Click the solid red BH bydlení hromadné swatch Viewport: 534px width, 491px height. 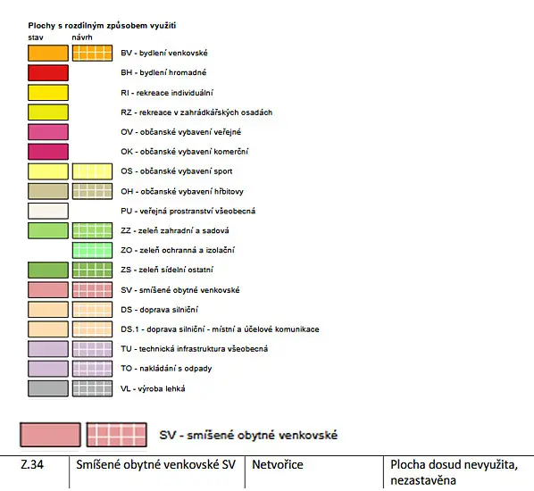pos(48,73)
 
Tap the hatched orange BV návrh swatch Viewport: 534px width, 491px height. pos(92,54)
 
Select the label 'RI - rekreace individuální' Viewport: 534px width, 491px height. pos(167,93)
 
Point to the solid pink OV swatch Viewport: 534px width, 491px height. pos(48,132)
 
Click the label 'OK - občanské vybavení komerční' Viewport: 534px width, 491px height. pos(185,152)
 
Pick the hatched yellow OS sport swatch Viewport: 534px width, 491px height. pos(92,171)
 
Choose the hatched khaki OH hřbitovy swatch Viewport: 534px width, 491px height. pos(92,191)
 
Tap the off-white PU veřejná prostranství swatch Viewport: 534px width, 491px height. pos(48,211)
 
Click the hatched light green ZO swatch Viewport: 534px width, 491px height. pos(92,250)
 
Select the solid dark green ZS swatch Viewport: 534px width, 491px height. pos(48,270)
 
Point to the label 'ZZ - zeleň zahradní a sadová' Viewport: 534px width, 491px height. pos(175,230)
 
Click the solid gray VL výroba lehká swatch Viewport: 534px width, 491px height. pos(48,388)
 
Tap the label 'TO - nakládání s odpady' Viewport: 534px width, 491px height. pos(166,369)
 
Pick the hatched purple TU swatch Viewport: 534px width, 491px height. pos(92,349)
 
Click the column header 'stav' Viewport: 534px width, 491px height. pos(36,37)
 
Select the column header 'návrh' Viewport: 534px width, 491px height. pos(82,37)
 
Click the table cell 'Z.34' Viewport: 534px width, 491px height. pos(32,465)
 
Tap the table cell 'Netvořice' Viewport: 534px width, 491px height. pos(278,465)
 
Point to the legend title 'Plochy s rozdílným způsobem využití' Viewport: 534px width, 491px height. pos(102,26)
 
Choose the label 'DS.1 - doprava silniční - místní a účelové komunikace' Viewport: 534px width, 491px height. pos(220,329)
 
